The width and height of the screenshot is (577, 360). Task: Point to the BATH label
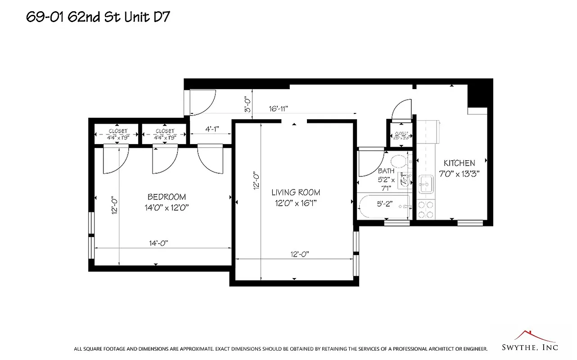pos(386,171)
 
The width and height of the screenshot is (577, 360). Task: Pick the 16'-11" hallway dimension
pos(278,108)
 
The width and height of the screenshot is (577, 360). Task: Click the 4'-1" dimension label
pos(212,129)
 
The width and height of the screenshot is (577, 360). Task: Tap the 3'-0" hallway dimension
pos(247,104)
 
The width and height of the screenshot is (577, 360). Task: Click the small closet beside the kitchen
pos(401,135)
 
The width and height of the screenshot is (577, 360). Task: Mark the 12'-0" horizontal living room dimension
pos(299,254)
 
